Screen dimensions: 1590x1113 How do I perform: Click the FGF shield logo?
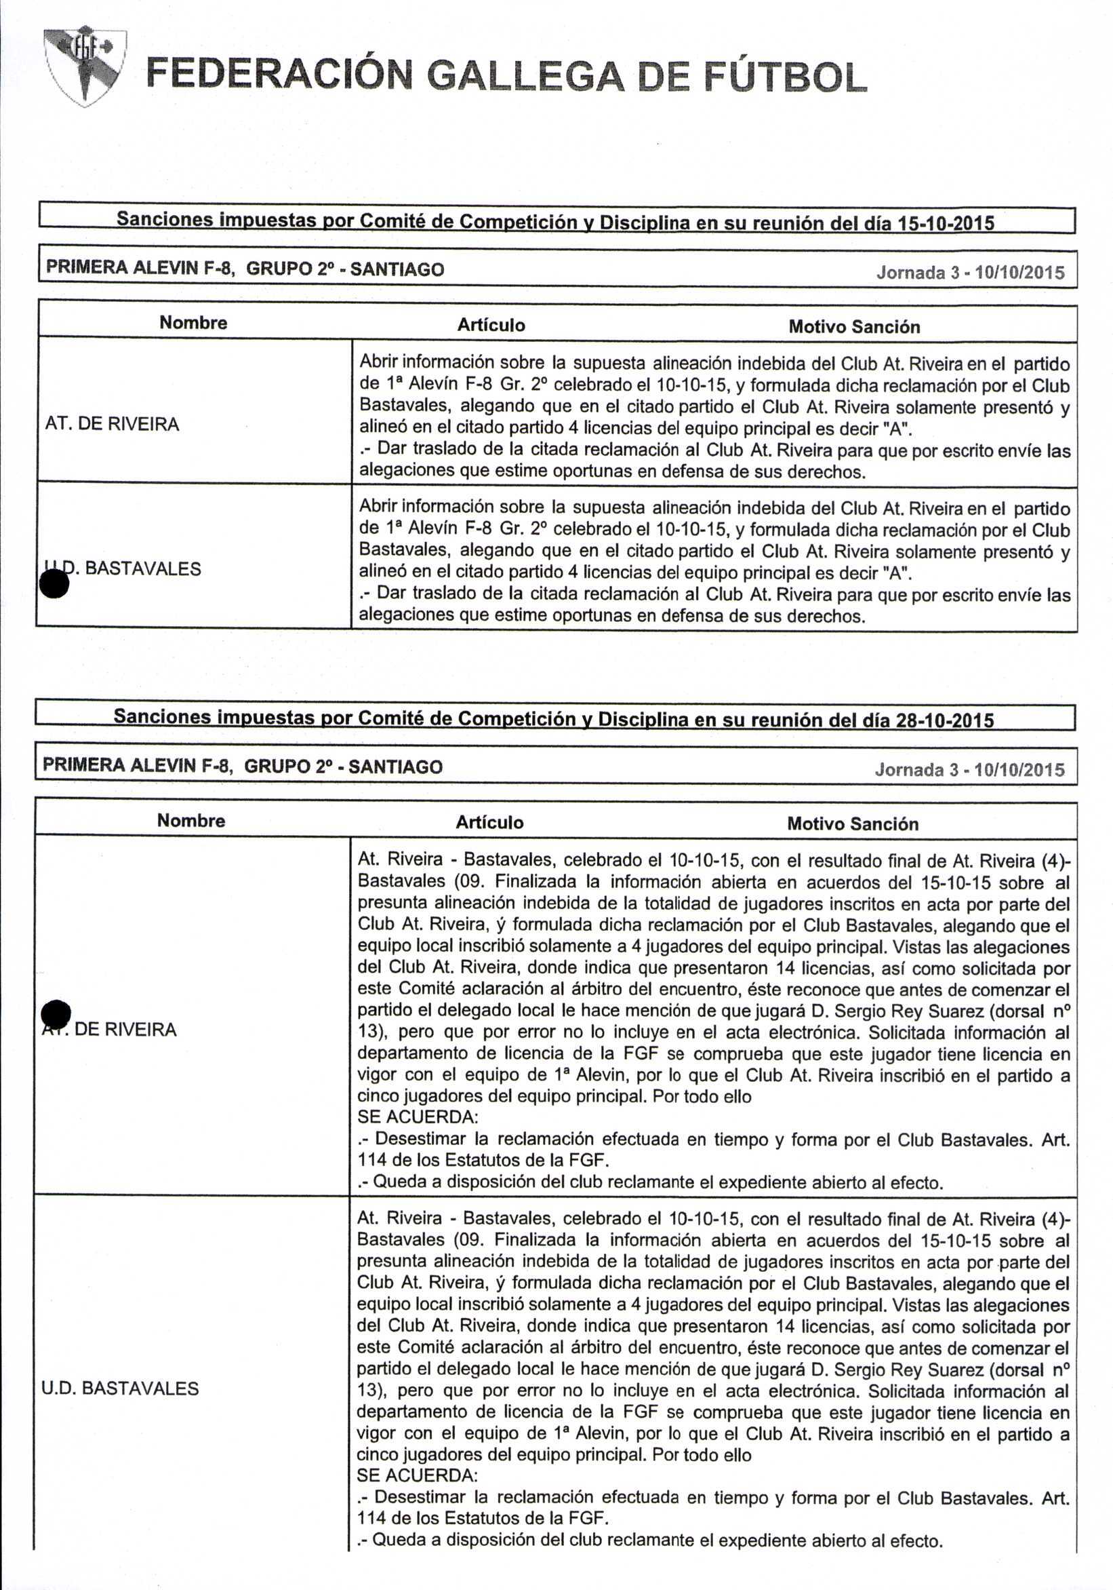(85, 66)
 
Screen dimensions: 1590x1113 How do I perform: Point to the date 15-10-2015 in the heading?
(946, 223)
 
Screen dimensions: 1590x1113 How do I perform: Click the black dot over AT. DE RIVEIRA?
(56, 1014)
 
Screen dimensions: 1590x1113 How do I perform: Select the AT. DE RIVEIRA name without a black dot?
(112, 424)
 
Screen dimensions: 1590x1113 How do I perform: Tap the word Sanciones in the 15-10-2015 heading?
(165, 219)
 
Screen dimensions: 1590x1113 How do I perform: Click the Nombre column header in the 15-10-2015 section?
(193, 323)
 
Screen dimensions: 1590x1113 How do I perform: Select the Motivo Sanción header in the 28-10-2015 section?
(853, 823)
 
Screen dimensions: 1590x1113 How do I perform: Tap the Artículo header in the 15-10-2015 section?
(491, 325)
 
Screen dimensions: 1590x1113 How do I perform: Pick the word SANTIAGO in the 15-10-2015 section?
(397, 269)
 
